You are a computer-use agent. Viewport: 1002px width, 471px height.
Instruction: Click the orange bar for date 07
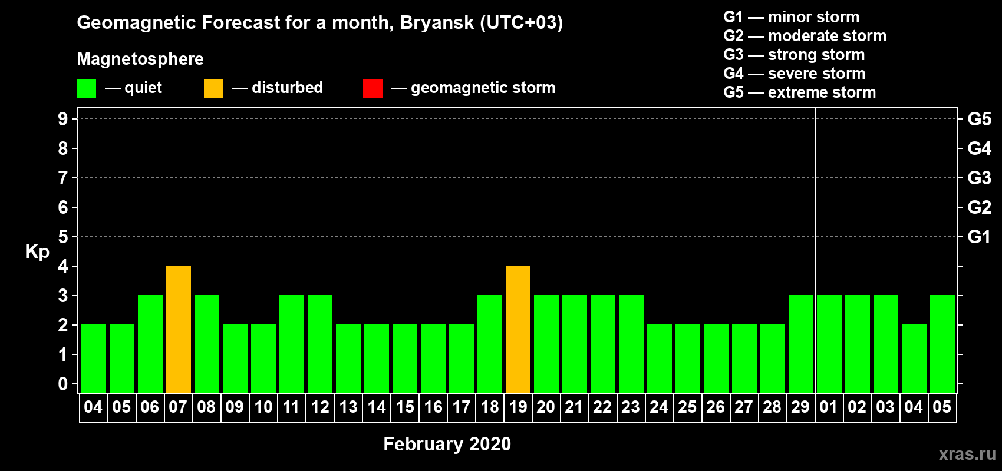[x=179, y=329]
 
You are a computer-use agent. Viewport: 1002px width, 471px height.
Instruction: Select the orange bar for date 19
[x=518, y=329]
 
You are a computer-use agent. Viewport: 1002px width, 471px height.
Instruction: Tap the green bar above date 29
[x=800, y=344]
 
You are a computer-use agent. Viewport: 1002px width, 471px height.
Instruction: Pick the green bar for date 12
[x=320, y=344]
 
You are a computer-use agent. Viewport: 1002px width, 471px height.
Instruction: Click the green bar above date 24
[x=660, y=359]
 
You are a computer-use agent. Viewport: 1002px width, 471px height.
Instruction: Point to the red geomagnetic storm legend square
[x=373, y=88]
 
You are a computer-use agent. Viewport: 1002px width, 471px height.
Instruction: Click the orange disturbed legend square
[x=213, y=88]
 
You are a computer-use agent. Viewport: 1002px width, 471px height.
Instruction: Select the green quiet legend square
[x=86, y=88]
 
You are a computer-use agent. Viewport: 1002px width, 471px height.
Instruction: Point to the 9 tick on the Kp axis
[x=62, y=119]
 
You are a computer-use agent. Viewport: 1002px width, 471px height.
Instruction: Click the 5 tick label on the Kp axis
[x=62, y=237]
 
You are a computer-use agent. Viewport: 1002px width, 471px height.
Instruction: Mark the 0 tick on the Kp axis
[x=62, y=384]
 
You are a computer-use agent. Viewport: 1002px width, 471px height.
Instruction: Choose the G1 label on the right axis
[x=979, y=237]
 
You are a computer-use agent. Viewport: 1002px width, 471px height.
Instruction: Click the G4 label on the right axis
[x=979, y=148]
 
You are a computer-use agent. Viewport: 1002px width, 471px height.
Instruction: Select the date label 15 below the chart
[x=405, y=407]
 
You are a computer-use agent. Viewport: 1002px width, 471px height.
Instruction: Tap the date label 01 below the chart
[x=829, y=407]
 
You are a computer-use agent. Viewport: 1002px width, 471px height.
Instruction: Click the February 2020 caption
[x=447, y=444]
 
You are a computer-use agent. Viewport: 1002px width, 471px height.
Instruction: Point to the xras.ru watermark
[x=967, y=455]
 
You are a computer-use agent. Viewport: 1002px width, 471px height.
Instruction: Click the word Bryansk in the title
[x=437, y=23]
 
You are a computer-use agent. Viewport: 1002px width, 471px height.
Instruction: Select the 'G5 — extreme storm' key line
[x=799, y=92]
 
